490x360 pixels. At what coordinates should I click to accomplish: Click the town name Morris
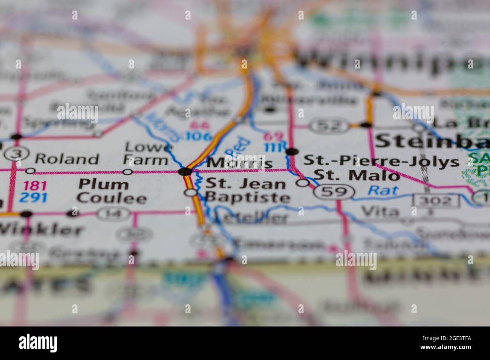click(x=240, y=163)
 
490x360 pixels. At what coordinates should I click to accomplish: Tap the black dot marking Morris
click(x=185, y=172)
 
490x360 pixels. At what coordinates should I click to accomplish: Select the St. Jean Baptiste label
click(x=247, y=191)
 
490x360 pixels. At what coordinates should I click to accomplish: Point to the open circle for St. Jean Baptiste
click(x=192, y=193)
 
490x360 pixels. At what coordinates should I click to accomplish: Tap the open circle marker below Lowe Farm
click(x=128, y=172)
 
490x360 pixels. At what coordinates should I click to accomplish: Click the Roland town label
click(x=67, y=159)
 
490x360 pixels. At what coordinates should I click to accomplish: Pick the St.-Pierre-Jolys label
click(x=381, y=161)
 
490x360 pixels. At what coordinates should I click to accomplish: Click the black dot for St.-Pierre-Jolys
click(x=292, y=152)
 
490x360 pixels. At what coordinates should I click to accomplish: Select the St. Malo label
click(x=357, y=175)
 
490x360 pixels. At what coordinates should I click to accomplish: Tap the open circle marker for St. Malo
click(x=303, y=183)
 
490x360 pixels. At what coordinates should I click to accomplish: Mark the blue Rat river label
click(x=383, y=191)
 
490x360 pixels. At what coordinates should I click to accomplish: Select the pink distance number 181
click(x=35, y=186)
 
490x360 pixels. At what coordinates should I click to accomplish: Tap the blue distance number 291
click(x=35, y=197)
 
